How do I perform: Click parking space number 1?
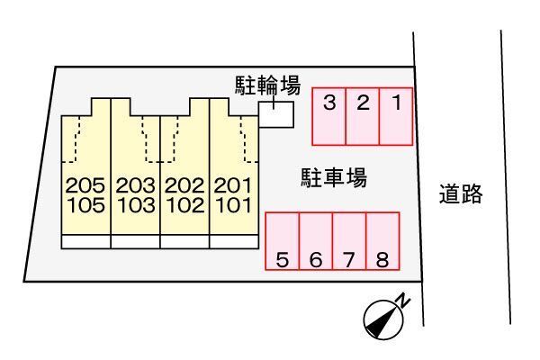[396, 116]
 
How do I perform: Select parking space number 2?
[363, 116]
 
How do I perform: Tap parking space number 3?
[329, 116]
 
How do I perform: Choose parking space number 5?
[282, 241]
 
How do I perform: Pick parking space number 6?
[316, 241]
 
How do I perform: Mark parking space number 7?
[349, 241]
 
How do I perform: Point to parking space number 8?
[382, 241]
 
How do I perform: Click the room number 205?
[85, 185]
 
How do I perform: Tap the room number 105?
[86, 205]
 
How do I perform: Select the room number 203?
[135, 185]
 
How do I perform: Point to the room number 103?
[137, 205]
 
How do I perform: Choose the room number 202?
[184, 185]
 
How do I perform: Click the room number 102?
[185, 205]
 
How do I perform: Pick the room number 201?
[233, 185]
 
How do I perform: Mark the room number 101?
[234, 205]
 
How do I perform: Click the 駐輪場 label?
[268, 85]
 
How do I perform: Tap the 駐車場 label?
[334, 178]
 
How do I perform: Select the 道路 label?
[461, 194]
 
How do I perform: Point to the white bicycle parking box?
[276, 114]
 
